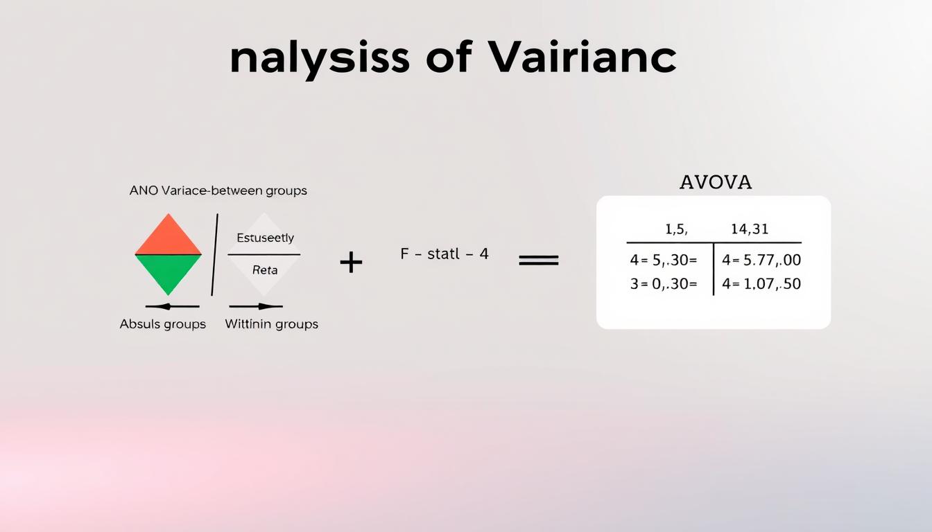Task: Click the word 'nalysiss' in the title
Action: coord(319,59)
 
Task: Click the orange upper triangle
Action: coord(168,238)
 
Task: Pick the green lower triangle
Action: coord(168,272)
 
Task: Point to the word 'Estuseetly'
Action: coord(265,238)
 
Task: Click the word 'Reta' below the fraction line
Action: coord(265,270)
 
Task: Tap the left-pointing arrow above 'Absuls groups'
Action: coord(172,306)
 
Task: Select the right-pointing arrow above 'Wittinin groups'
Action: coord(256,306)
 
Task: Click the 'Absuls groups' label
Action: coord(163,324)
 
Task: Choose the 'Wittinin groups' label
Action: coord(272,324)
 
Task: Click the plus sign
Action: coord(351,262)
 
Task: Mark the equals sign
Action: coord(539,260)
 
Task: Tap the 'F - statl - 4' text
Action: coord(445,254)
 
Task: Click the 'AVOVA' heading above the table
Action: coord(715,182)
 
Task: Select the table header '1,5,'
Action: coord(676,229)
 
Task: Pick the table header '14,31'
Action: coord(750,229)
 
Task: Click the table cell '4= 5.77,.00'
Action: coord(761,260)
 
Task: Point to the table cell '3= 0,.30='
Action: coord(664,283)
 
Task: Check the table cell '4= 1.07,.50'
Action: coord(761,283)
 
